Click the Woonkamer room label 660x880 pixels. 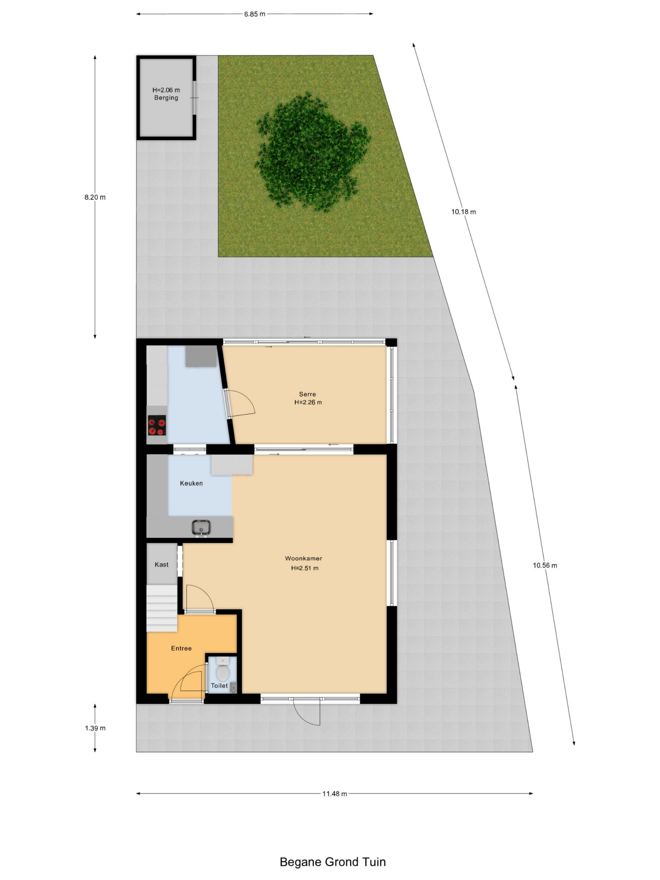click(303, 558)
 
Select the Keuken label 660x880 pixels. click(191, 483)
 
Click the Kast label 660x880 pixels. click(162, 564)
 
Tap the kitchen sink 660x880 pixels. click(201, 528)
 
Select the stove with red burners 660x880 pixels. click(157, 425)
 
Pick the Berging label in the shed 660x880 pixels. click(166, 98)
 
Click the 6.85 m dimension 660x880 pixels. click(255, 14)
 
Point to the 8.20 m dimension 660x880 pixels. click(95, 197)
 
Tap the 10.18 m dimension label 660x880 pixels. click(463, 212)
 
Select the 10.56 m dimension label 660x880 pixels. click(545, 565)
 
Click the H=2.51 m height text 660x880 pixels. click(305, 568)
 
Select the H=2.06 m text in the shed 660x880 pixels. click(166, 90)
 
